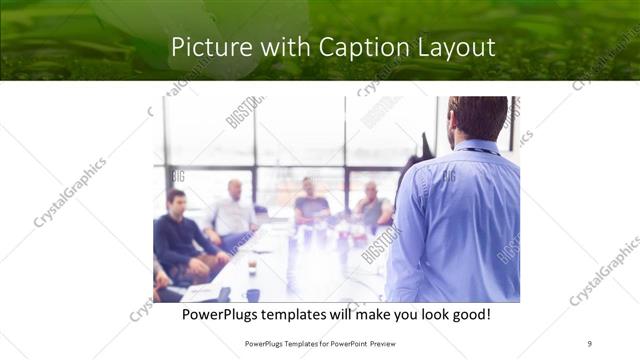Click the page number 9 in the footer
(x=589, y=343)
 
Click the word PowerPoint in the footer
(x=342, y=343)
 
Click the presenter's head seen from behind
(x=478, y=118)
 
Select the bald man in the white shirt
(x=234, y=212)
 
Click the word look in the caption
(x=416, y=314)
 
